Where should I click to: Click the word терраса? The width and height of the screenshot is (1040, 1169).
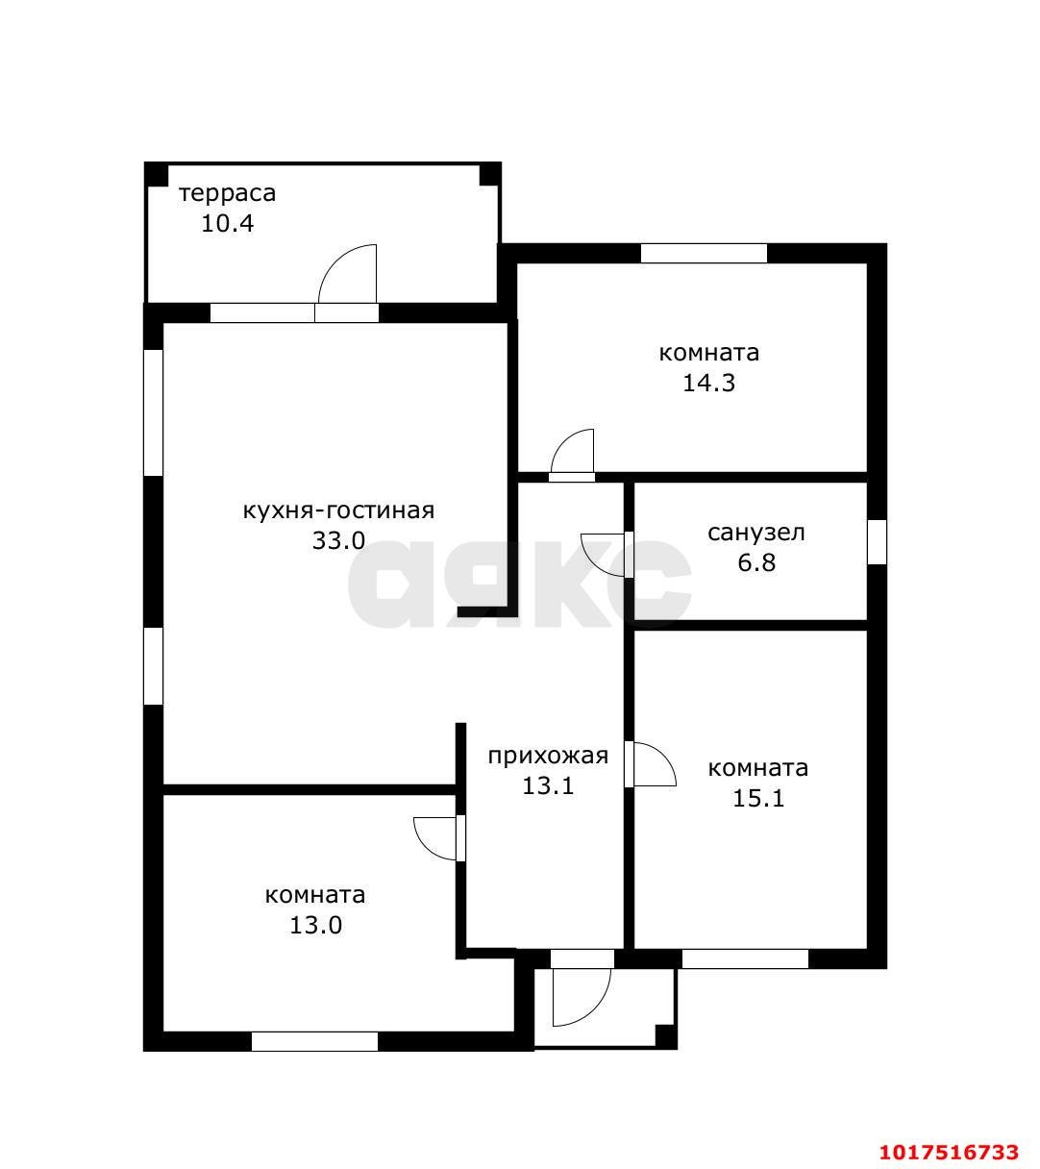[227, 194]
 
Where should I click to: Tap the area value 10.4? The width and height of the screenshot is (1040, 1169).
[227, 224]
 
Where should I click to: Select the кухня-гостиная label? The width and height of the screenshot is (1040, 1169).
[338, 511]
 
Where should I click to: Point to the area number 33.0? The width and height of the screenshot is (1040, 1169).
[338, 541]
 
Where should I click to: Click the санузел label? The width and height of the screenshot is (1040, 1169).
[756, 534]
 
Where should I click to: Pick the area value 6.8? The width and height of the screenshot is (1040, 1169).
[756, 563]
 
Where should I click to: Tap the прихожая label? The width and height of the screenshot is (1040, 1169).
[548, 756]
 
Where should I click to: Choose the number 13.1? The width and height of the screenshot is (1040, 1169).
[548, 785]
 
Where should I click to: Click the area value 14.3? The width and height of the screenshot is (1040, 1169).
[709, 384]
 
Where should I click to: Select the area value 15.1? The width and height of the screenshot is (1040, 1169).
[758, 799]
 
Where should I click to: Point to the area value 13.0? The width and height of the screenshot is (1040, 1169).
[315, 926]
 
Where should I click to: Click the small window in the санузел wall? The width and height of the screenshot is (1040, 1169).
[878, 542]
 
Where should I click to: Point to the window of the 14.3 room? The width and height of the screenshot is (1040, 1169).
[704, 253]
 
